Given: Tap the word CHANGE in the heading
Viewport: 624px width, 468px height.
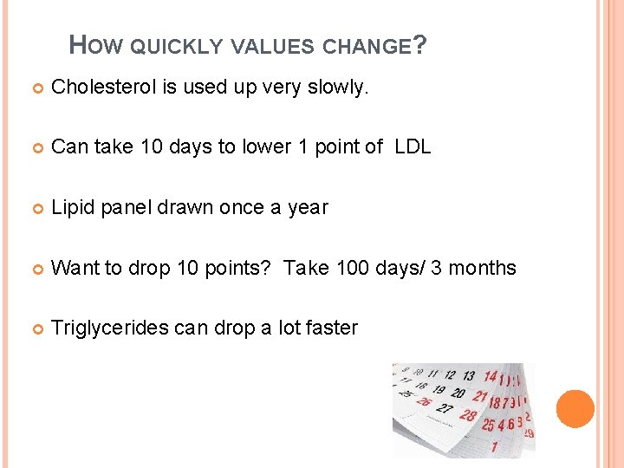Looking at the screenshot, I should pos(366,47).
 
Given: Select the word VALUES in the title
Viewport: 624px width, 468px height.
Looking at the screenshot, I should pos(271,47).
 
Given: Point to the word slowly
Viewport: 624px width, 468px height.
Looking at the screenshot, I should pos(340,87).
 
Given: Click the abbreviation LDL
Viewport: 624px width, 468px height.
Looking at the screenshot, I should pos(412,146).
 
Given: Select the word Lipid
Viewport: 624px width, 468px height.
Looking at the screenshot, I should pos(73,207).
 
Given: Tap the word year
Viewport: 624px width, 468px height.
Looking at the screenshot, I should pos(308,208).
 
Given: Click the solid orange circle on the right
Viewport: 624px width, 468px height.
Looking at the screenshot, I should pos(575,409).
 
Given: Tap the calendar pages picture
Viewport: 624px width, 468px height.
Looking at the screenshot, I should pos(464,410).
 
